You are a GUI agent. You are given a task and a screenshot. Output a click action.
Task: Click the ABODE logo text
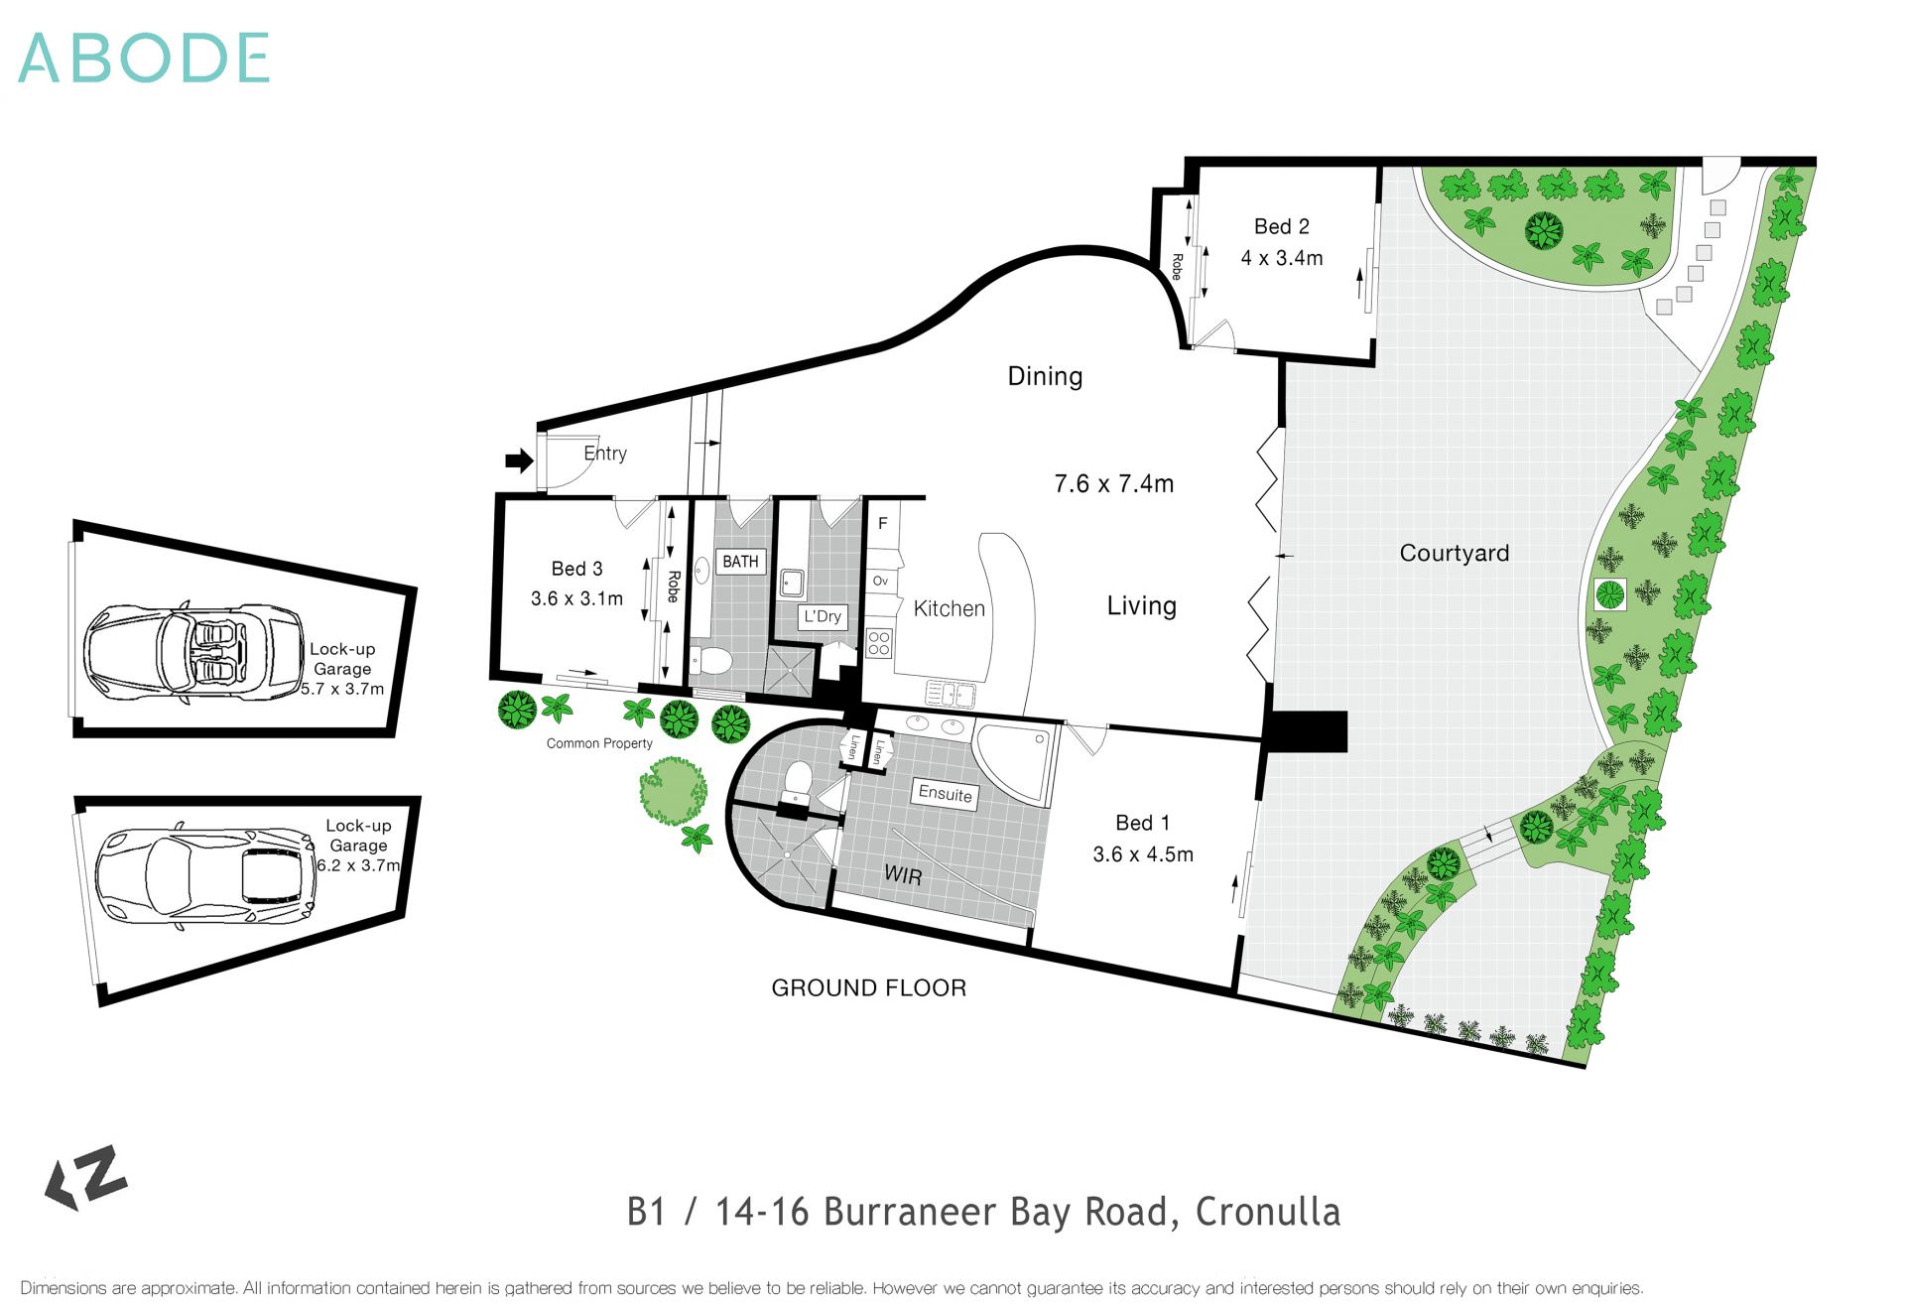tap(144, 58)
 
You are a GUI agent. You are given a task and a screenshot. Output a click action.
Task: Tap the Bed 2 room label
tap(1281, 227)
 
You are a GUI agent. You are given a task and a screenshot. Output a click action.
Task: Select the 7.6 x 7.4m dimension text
tap(1113, 484)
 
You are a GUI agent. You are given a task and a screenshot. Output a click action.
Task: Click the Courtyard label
tap(1454, 554)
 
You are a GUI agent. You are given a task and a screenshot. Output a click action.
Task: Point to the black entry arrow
tap(519, 460)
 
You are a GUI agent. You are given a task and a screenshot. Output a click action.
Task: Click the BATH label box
tap(740, 562)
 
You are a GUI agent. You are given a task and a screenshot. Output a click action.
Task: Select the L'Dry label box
tap(823, 616)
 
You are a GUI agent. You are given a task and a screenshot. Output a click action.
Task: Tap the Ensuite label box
tap(945, 794)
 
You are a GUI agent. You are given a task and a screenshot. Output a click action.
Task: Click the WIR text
tap(902, 875)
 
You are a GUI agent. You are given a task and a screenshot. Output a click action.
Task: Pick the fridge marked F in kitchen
tap(882, 524)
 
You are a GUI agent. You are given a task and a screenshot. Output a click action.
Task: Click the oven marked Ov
tap(880, 582)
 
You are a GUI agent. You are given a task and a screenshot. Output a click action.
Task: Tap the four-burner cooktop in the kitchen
tap(879, 644)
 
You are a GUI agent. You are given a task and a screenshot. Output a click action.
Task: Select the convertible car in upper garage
tap(194, 653)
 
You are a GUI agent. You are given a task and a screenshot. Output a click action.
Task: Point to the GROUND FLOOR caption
tap(868, 988)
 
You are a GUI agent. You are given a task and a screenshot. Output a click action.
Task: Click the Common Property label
tap(599, 743)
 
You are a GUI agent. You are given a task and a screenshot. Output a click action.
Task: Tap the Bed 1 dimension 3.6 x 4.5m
tap(1142, 854)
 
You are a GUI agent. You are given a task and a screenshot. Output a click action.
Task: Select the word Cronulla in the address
tap(1267, 1212)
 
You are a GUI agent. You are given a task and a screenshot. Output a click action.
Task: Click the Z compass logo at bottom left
tap(87, 1178)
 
